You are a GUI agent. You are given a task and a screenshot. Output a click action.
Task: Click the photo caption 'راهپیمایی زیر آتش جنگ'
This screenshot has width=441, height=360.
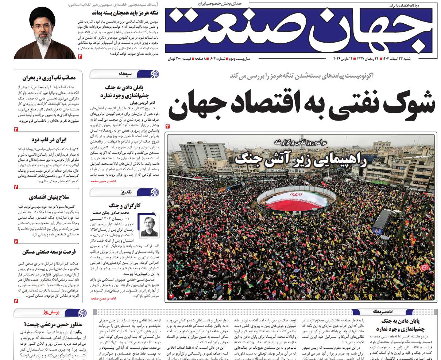301,159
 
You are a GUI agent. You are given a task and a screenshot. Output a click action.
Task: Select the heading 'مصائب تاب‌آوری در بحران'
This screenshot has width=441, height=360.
49,78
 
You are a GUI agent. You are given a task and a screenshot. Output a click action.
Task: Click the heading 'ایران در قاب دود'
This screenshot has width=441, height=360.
49,140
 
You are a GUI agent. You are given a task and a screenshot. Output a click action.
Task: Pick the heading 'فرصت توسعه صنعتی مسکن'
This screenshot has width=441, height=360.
49,252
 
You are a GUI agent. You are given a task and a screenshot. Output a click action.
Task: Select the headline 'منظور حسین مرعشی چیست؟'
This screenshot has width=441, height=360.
53,324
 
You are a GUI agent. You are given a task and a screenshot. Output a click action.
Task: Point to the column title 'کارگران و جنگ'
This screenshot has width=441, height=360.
124,206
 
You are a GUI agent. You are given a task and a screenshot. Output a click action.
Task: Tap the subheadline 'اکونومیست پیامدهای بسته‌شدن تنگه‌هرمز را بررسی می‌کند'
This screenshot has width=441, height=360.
301,76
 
